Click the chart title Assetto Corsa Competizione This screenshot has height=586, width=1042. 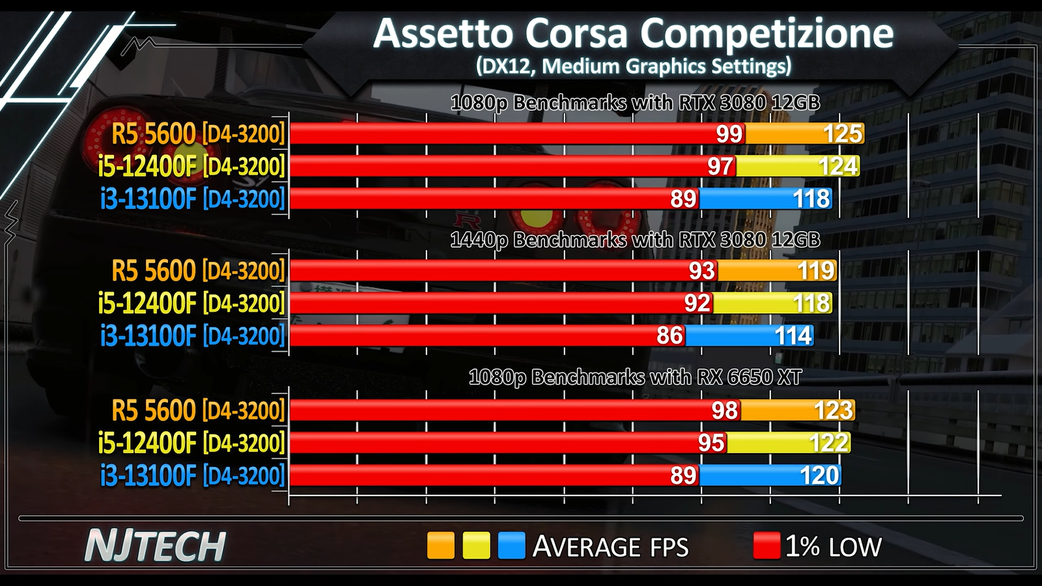pos(633,34)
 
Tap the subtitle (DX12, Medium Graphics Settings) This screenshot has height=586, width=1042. pos(633,66)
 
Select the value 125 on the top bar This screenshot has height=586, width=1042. pos(843,133)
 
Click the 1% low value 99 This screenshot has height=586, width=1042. pos(729,133)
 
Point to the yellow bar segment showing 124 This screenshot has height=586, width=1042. pos(798,166)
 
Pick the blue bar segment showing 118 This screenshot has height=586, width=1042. pos(766,199)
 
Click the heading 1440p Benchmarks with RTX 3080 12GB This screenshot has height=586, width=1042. pos(635,240)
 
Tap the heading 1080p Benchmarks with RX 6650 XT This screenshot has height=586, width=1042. pos(635,378)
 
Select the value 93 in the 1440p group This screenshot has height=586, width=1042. pos(701,270)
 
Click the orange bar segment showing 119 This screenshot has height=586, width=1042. pos(777,270)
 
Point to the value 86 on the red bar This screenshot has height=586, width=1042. pos(669,336)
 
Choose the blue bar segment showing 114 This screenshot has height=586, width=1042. pos(749,336)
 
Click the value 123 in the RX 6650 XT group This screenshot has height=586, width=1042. pos(833,410)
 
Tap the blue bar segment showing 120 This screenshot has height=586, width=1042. pos(770,476)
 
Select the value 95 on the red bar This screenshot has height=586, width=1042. pos(711,443)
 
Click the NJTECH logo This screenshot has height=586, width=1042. pos(155,546)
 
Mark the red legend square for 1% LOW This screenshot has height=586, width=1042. pos(767,546)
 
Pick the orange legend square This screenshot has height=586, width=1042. pos(440,546)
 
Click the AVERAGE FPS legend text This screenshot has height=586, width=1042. pos(610,547)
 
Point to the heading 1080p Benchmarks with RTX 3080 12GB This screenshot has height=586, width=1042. pos(635,103)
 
